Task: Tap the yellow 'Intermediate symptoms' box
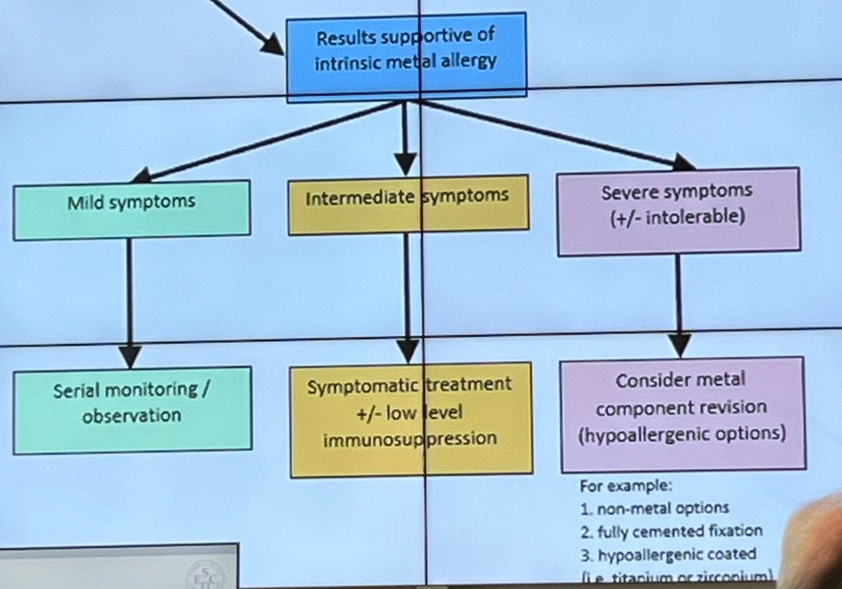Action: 408,203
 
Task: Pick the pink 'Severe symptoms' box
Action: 678,211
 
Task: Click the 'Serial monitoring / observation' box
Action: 132,410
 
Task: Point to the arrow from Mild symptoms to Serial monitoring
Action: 129,299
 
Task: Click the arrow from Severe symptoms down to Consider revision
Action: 677,303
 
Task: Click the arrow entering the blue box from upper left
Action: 242,23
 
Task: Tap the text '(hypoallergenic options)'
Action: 682,435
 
